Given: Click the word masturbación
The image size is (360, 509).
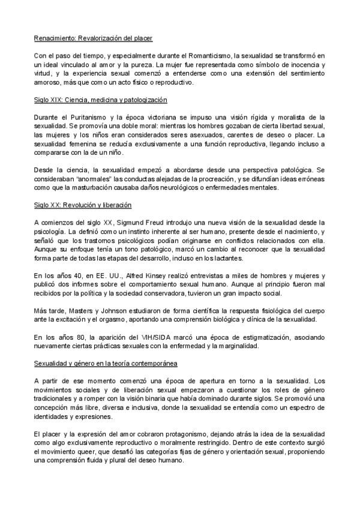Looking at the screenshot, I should coord(110,188).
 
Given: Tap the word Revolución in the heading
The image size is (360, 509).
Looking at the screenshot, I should coord(82,205).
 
